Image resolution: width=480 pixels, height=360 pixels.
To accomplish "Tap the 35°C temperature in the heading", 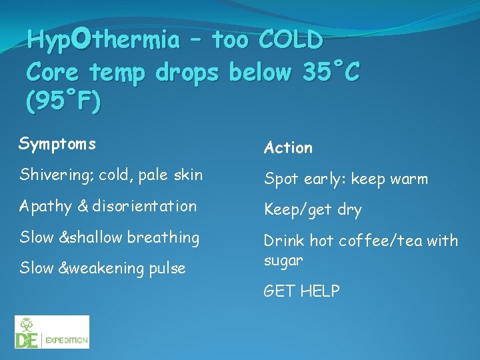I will coord(328,72).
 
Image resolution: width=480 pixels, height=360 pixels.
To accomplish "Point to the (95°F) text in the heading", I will coord(64,102).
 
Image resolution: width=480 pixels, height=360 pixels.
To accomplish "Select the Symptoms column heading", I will coord(57,144).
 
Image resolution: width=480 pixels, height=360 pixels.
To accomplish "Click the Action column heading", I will coord(288,147).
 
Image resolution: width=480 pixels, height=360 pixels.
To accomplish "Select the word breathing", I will coord(163,237).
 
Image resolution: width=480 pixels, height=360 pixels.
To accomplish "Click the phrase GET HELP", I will coord(302,291).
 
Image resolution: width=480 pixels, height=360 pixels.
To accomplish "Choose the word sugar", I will coord(283,260).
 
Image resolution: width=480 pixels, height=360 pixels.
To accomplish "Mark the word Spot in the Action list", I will coord(281,179).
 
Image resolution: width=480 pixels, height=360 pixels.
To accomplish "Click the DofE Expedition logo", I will coord(52,332).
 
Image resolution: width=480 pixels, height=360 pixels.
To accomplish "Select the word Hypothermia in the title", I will coord(103,41).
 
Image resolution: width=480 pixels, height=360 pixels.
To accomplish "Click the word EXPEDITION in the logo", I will coord(67,340).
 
